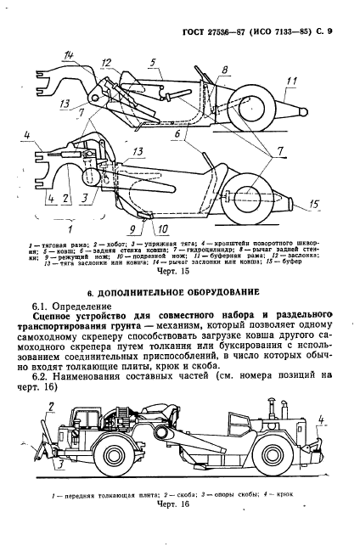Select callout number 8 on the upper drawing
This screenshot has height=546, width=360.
click(223, 68)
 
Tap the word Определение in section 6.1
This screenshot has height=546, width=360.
click(82, 307)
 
